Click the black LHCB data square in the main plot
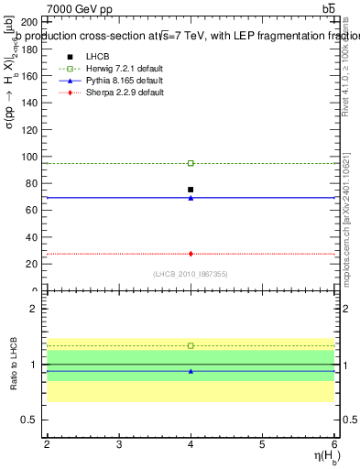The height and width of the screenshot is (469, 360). (191, 190)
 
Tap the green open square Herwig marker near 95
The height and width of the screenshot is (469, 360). (191, 163)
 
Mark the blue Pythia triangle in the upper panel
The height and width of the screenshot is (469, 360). (191, 198)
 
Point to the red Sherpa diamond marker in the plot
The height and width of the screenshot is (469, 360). (191, 254)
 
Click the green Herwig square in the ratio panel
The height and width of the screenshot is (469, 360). (191, 345)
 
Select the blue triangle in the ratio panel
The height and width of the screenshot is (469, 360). (191, 371)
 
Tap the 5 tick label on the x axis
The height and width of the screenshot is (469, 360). (262, 443)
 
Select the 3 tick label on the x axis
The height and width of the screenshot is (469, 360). (119, 443)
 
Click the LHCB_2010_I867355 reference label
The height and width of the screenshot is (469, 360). (191, 274)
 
